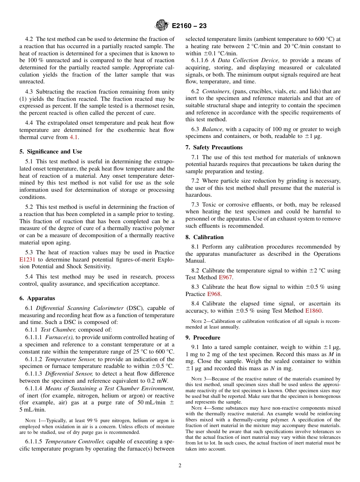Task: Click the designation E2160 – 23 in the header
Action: tap(189, 26)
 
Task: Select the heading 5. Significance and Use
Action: tap(51, 152)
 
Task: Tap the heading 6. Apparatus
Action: tap(37, 298)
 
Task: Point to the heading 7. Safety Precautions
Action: tap(214, 147)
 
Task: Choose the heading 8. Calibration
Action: tap(205, 237)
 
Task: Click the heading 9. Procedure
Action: tap(203, 337)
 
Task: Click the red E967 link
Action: tap(226, 277)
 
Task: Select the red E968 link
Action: tap(214, 294)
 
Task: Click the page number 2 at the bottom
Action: tap(180, 466)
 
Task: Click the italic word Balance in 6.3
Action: tap(213, 130)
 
